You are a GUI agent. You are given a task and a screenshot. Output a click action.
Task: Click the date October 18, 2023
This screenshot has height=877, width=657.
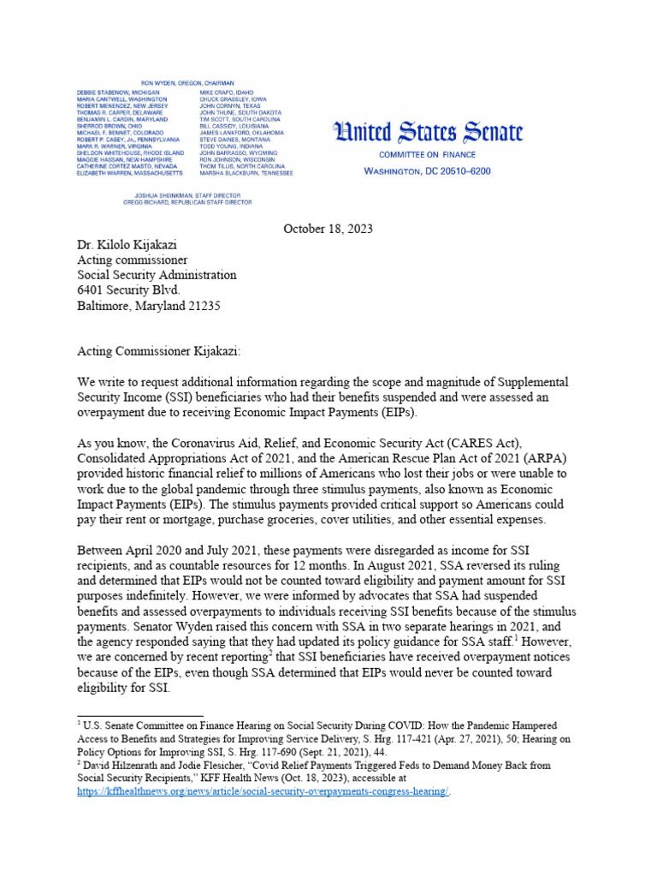(328, 229)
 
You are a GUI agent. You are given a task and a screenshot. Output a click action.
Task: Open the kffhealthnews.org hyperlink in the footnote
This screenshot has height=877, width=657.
(263, 790)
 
